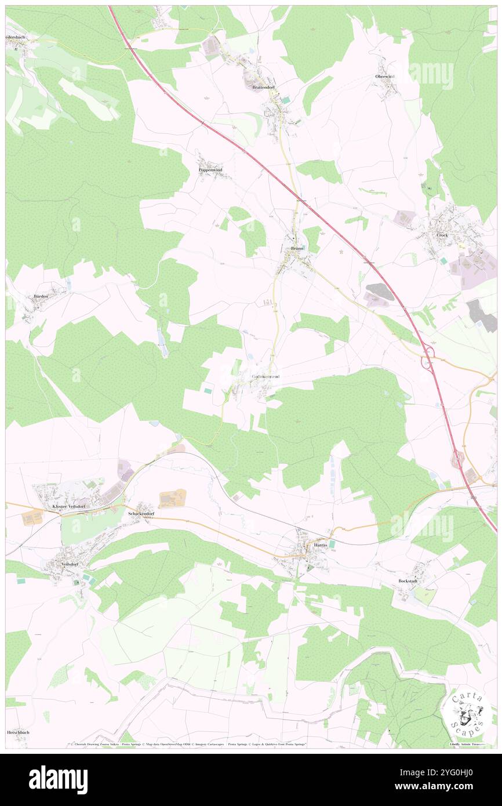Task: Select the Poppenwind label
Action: (x=210, y=170)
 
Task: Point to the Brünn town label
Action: (x=297, y=248)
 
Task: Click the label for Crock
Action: (x=442, y=235)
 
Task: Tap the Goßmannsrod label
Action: (x=266, y=376)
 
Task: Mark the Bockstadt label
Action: (x=407, y=580)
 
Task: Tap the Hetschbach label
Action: (x=17, y=732)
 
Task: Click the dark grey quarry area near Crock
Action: (x=380, y=292)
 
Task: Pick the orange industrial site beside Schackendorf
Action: (x=173, y=498)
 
